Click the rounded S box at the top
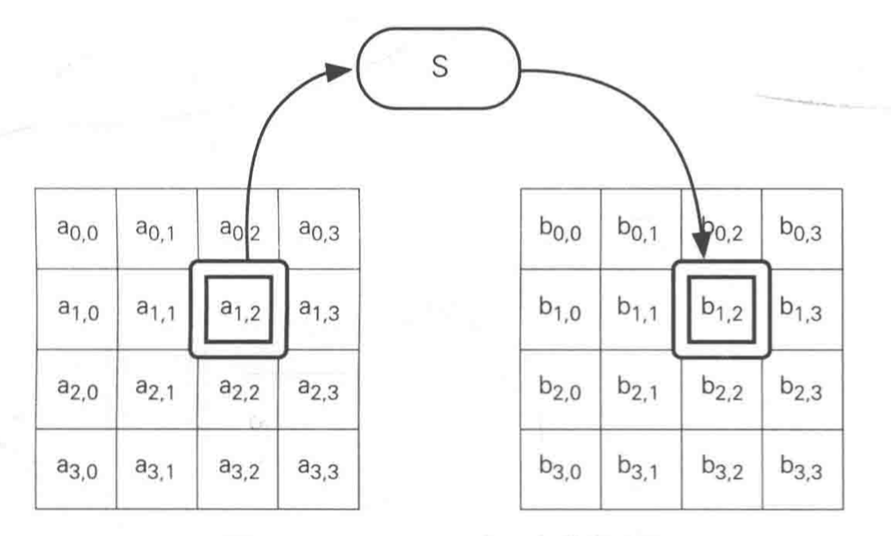[x=439, y=69]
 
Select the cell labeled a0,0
[x=76, y=229]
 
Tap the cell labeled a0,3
[x=319, y=229]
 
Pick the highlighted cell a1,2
[x=238, y=309]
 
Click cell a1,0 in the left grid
[x=76, y=309]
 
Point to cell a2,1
[x=156, y=390]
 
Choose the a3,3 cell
[x=319, y=471]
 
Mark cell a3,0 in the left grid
[x=76, y=471]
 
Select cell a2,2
[x=238, y=390]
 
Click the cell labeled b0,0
[x=560, y=229]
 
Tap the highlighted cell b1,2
[x=721, y=309]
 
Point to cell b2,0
[x=560, y=390]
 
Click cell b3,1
[x=640, y=471]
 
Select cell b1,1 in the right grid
[x=640, y=309]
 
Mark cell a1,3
[x=319, y=309]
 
